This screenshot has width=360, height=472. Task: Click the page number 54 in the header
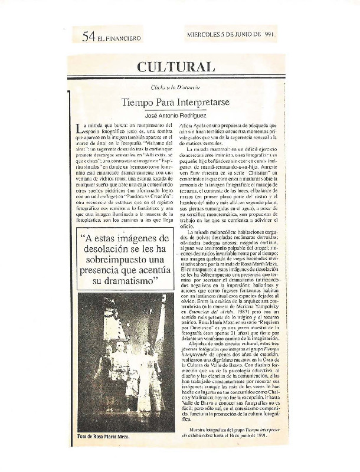pyautogui.click(x=89, y=37)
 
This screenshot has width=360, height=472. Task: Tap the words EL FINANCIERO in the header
pyautogui.click(x=120, y=38)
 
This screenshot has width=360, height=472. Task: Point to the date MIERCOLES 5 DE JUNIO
pyautogui.click(x=224, y=35)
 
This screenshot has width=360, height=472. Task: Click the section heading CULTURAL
pyautogui.click(x=176, y=67)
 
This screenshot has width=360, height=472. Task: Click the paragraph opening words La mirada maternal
pyautogui.click(x=212, y=150)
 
